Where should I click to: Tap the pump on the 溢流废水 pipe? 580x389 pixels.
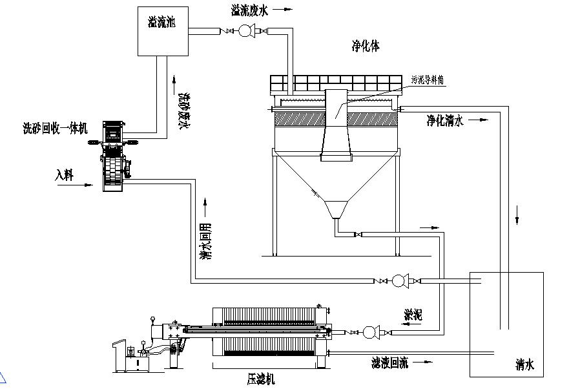(x=246, y=30)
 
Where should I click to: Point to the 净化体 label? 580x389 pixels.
(x=365, y=47)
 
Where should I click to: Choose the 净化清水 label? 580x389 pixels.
(x=445, y=120)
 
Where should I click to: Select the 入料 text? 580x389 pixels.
(x=65, y=174)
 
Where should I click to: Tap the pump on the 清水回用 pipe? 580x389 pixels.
(x=399, y=280)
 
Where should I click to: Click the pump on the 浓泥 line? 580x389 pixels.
(x=370, y=332)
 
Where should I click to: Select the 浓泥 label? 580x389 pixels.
(x=413, y=315)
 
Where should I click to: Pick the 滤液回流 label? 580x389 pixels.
(x=389, y=363)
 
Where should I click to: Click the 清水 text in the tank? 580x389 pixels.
(x=524, y=366)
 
